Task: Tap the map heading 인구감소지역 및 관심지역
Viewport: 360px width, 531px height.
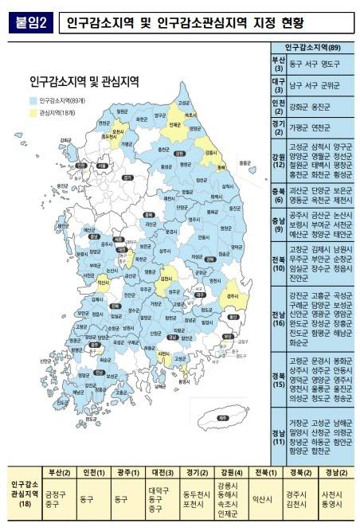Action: point(84,81)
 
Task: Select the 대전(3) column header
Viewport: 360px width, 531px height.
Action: point(159,473)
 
